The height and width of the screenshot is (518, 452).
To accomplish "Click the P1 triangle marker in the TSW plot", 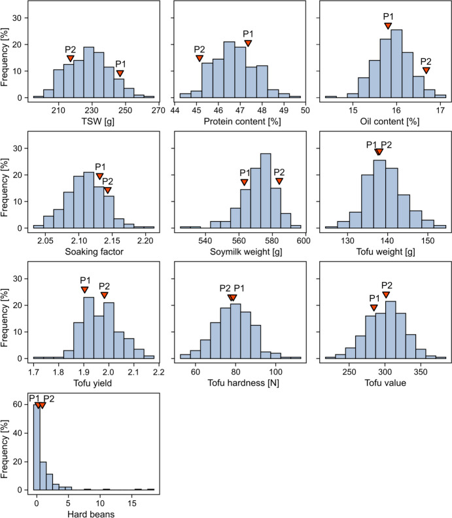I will [120, 73].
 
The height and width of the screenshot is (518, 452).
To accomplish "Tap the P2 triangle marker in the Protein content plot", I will [200, 58].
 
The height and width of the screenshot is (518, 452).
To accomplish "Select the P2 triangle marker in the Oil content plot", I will [426, 70].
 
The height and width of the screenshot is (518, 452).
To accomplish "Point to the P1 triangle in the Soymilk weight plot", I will [245, 182].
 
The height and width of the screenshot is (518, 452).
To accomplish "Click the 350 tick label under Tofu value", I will [421, 370].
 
